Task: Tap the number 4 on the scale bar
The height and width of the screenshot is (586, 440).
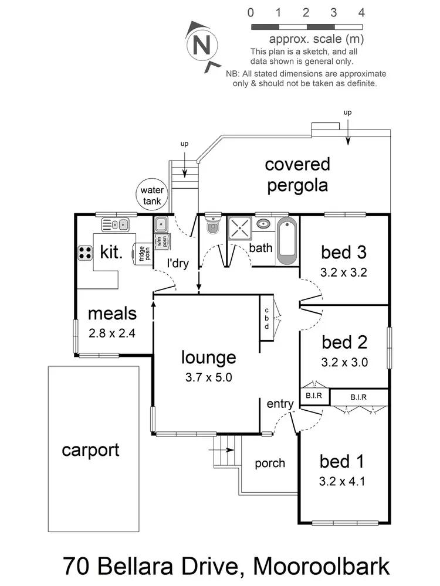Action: [361, 12]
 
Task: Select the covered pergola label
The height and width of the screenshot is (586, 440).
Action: [297, 175]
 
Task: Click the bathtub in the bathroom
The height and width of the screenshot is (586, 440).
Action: [287, 239]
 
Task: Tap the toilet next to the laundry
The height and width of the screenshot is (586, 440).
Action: [212, 226]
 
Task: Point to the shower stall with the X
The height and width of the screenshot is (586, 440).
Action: [239, 228]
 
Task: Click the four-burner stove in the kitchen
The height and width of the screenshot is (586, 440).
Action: [85, 253]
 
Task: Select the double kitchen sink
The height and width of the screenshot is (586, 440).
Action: [115, 224]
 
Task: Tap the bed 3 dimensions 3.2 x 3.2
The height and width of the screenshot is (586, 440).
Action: [344, 272]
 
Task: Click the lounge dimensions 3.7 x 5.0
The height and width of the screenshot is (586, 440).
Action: [208, 377]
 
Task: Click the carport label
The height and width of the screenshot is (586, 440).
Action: [91, 450]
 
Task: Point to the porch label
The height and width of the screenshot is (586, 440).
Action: [270, 463]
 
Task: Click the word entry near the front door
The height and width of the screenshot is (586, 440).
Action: [280, 403]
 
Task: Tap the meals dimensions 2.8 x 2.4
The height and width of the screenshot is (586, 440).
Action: [112, 333]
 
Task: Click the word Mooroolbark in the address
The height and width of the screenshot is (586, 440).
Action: [321, 567]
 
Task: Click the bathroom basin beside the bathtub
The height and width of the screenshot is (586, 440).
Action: [264, 223]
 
